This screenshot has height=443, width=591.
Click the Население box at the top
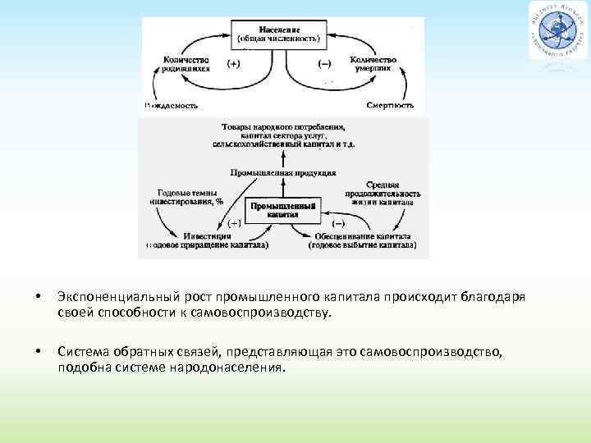click(284, 34)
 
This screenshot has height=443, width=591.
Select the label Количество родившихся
click(186, 64)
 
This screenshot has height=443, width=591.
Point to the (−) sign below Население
click(325, 64)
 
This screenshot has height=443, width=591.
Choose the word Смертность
click(390, 106)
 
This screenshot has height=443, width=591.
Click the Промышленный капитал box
click(283, 210)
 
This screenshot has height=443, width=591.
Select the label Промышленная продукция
click(283, 173)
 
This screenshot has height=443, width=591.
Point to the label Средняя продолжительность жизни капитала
click(383, 191)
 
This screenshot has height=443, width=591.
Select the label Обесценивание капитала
click(365, 236)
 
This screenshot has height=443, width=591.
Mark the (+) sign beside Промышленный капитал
click(234, 222)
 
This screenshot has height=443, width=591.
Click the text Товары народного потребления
click(283, 128)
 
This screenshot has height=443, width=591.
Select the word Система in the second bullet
click(82, 351)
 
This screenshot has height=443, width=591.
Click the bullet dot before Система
click(38, 352)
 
